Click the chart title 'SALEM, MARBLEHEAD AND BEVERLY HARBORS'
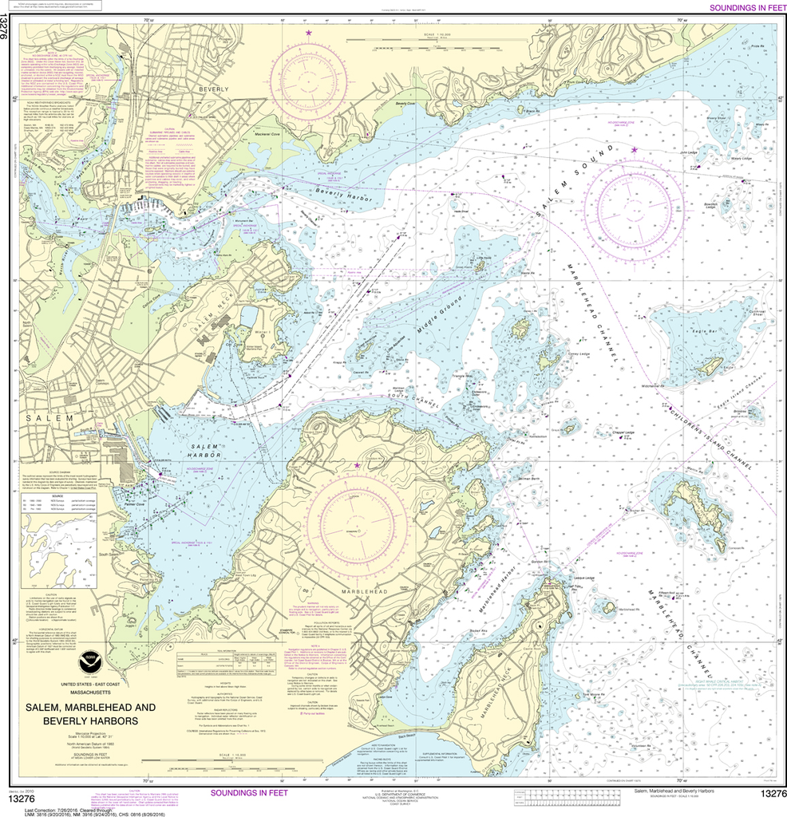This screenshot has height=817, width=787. [x=91, y=714]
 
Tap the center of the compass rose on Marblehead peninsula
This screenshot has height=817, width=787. [x=357, y=524]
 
